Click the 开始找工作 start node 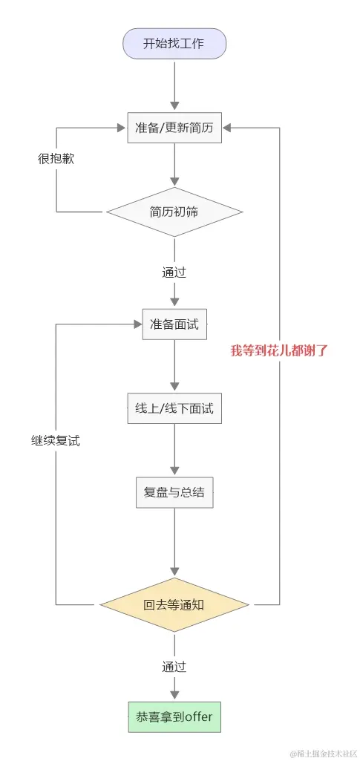[174, 43]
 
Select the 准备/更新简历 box [174, 128]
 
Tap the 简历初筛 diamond [174, 212]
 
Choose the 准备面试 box [174, 324]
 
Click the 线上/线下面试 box [174, 408]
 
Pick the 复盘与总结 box [174, 492]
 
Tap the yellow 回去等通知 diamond [174, 604]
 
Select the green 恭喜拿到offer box [174, 717]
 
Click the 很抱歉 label [56, 159]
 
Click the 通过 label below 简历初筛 [174, 272]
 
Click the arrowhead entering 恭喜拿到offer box [174, 692]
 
